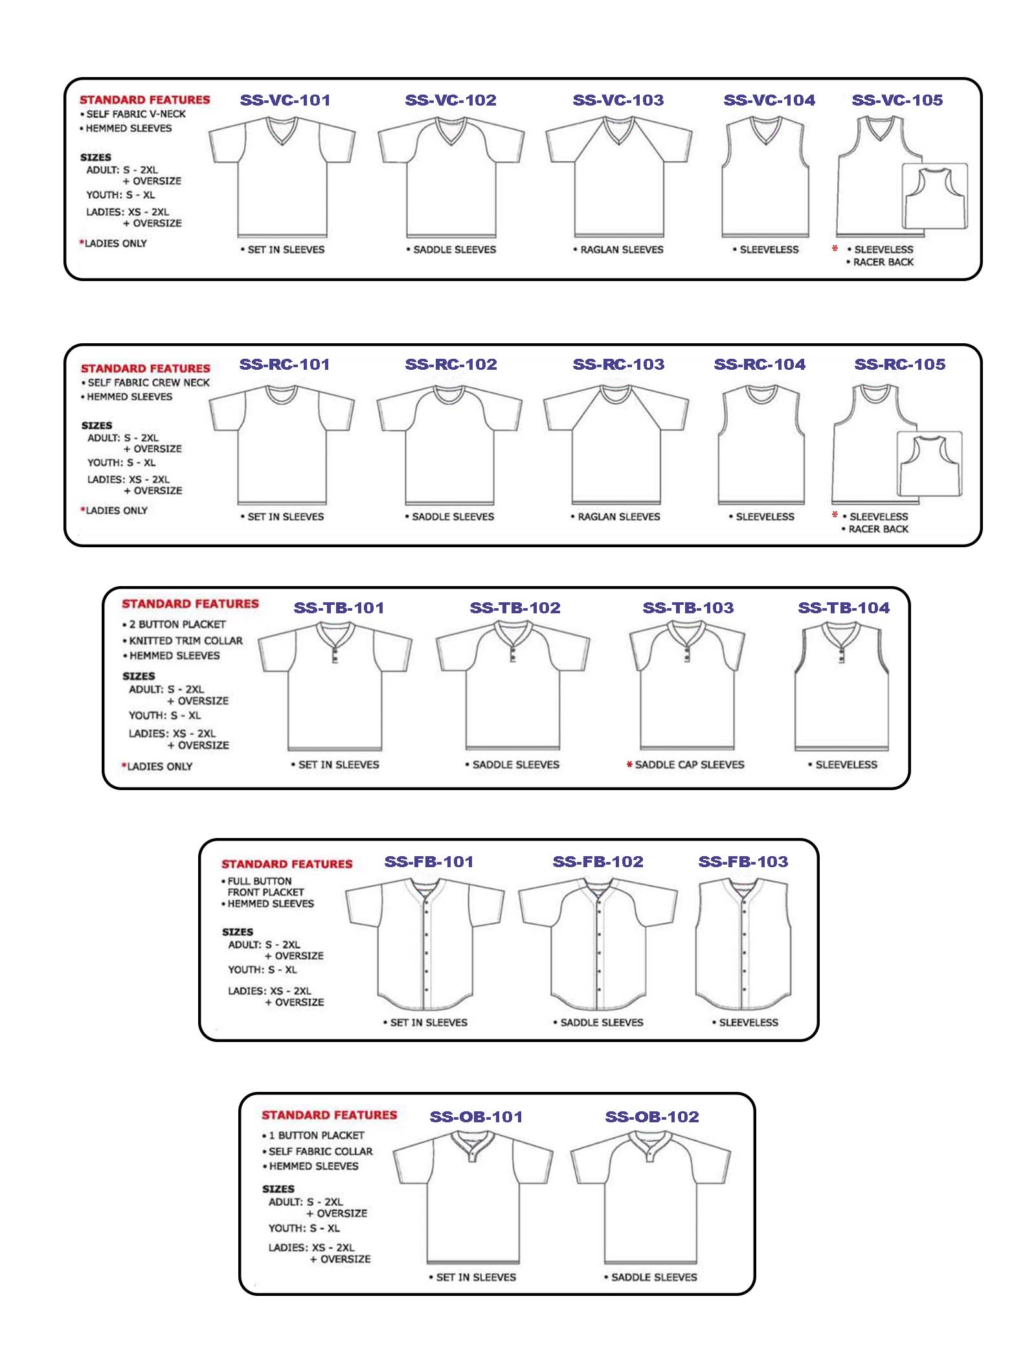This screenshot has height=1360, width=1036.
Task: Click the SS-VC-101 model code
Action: coord(285,100)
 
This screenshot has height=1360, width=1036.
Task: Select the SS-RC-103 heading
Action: coord(618,365)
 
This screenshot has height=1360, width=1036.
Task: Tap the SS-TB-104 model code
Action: coord(843,608)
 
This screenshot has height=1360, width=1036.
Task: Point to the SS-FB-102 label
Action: coord(598,862)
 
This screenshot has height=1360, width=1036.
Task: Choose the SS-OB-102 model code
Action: coord(652,1117)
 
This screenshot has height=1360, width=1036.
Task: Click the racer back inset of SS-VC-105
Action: coord(935,196)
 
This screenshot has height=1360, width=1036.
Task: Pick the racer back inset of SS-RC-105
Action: coord(929,464)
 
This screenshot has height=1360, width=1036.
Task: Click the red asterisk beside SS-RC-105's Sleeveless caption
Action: coord(835,516)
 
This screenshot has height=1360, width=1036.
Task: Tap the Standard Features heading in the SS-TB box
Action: coord(190,604)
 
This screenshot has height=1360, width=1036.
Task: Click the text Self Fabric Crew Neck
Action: coord(148,383)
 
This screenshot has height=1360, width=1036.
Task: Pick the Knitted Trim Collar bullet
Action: coord(185,640)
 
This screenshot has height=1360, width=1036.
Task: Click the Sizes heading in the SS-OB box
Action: coord(278,1189)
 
